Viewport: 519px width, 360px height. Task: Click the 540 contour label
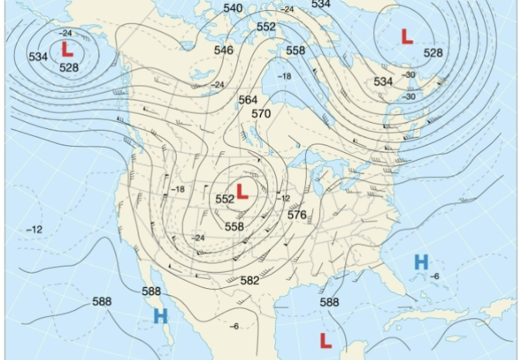coord(232,8)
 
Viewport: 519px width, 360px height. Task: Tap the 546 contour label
coord(224,50)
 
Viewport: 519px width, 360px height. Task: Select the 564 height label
coord(248,100)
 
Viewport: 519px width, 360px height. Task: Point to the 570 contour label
coord(261,114)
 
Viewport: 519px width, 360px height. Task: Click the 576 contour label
coord(297,215)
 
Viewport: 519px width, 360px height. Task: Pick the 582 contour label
coord(249,280)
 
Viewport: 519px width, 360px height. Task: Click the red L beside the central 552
coord(243,191)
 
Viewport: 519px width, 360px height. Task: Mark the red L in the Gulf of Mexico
coord(326,340)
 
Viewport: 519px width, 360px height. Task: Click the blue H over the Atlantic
coord(421,262)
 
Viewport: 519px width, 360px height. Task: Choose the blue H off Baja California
coord(161,315)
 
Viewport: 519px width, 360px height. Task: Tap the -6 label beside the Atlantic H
coord(435,276)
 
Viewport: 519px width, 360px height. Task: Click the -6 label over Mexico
coord(234,326)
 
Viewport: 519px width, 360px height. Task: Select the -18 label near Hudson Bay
coord(284,76)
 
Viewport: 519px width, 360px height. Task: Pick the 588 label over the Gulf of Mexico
coord(330,302)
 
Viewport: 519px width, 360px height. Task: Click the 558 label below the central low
coord(234,226)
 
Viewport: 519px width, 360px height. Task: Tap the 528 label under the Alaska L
coord(69,67)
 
